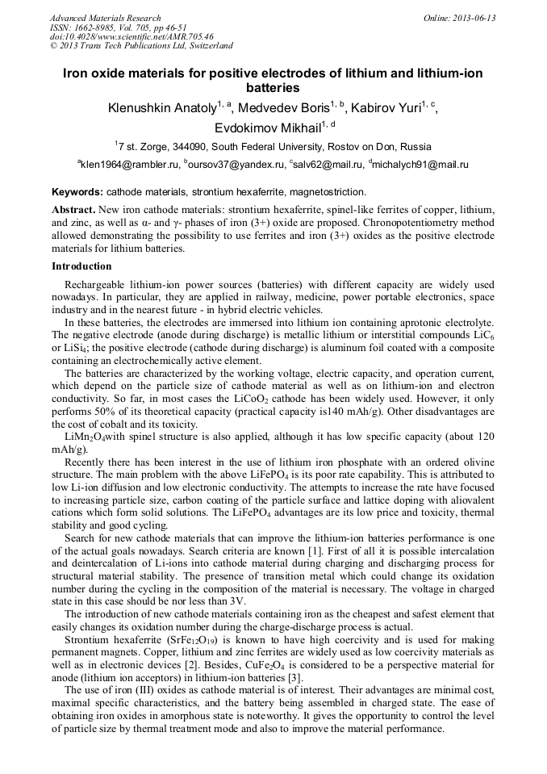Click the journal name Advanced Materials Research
point(105,18)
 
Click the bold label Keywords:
point(77,192)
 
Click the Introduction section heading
point(81,266)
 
